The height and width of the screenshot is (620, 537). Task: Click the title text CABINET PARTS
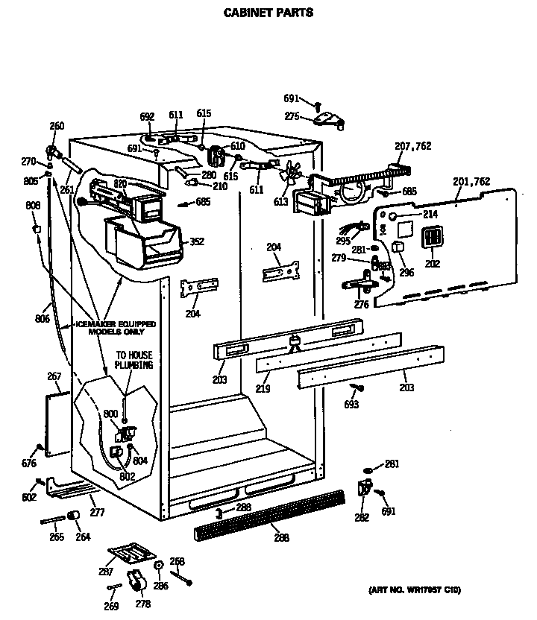click(268, 13)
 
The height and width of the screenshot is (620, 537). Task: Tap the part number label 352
click(197, 241)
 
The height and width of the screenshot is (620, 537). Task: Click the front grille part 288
click(268, 513)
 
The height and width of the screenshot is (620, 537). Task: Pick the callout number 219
click(262, 388)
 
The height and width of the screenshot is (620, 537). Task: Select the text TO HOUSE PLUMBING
click(134, 361)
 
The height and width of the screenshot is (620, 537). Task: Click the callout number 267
click(54, 376)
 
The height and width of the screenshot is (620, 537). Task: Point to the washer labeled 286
click(158, 567)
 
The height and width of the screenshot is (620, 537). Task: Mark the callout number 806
click(42, 319)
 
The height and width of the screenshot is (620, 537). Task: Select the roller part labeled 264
click(74, 517)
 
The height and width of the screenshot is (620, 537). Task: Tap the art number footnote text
click(414, 590)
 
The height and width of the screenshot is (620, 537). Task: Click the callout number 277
click(97, 512)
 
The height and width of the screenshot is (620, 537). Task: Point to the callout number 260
click(57, 125)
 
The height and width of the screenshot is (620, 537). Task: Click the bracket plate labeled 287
click(131, 552)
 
